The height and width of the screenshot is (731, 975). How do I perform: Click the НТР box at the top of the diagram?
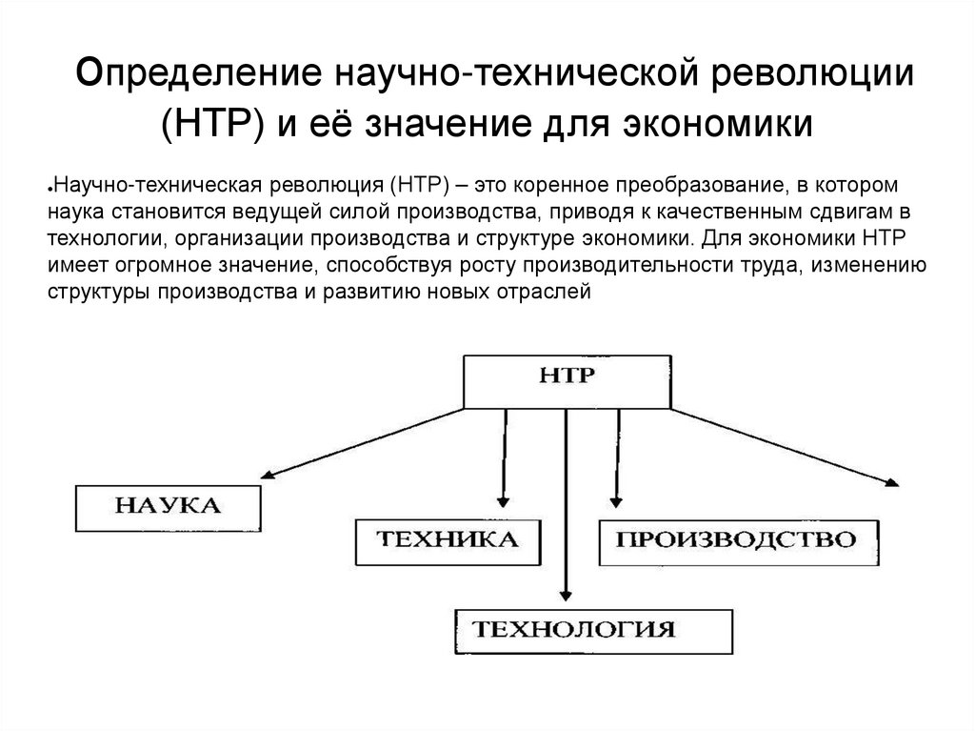[567, 381]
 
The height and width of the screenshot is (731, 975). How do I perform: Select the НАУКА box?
[167, 507]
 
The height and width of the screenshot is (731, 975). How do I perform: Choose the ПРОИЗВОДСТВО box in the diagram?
[734, 542]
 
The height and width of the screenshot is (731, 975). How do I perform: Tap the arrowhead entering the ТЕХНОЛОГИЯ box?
[567, 598]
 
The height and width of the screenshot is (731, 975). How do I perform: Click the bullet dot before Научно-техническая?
[49, 189]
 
